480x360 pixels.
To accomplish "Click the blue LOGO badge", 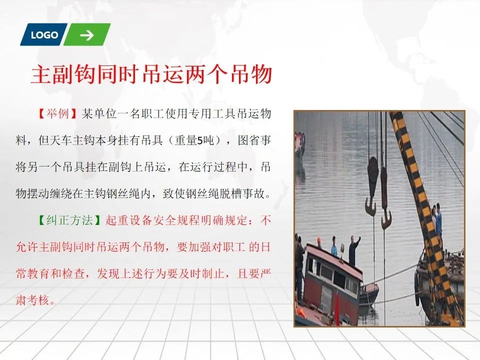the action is tap(44, 34).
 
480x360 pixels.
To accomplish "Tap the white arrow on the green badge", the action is tap(87, 35).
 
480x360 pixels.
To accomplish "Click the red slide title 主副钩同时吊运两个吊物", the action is tap(151, 74).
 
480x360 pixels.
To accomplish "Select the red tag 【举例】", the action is tap(57, 114).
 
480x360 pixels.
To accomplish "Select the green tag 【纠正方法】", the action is tap(69, 220).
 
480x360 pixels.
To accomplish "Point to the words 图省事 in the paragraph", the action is tap(254, 140).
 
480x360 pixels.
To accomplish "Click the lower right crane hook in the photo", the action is tap(385, 199).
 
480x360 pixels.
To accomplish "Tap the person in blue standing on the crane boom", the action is tap(438, 219).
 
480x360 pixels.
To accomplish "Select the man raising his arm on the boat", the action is tap(354, 250).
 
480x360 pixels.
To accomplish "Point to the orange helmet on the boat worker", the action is tap(319, 239).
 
